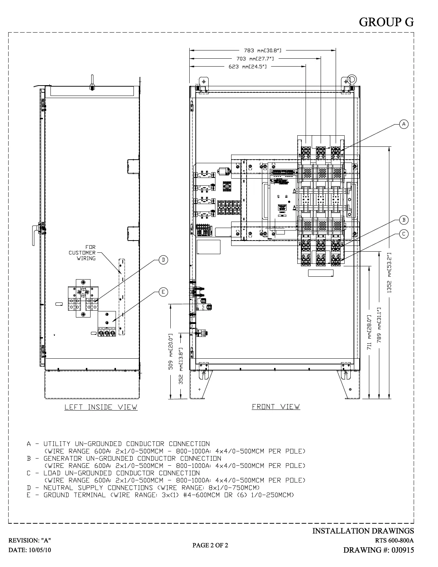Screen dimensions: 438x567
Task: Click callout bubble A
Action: point(404,124)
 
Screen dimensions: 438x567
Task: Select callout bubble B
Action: point(404,220)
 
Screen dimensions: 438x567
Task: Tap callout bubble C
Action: point(404,234)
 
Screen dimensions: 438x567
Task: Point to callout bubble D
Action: point(163,260)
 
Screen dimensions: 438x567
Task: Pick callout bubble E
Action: point(163,292)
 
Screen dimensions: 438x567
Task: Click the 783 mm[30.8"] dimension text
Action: point(263,50)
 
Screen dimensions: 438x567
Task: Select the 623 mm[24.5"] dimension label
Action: point(247,67)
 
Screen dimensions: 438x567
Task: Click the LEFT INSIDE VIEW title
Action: point(101,407)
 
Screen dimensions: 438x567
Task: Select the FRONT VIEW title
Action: point(276,407)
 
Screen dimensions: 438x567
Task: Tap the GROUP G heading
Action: point(386,22)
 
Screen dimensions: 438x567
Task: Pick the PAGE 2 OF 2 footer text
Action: point(210,545)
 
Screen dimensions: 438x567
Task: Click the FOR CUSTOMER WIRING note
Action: point(82,253)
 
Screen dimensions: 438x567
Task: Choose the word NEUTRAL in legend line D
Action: point(58,488)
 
